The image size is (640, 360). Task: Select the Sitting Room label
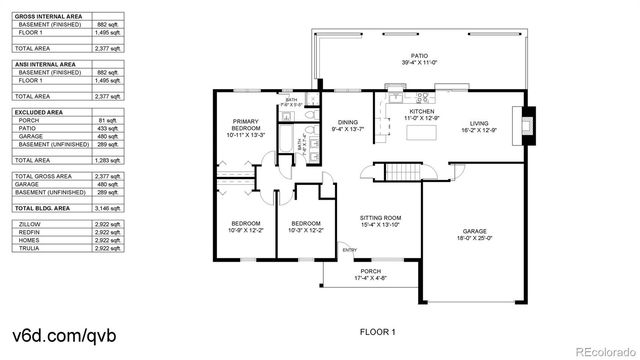point(381,221)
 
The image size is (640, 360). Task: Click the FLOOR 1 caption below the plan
point(378,331)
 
